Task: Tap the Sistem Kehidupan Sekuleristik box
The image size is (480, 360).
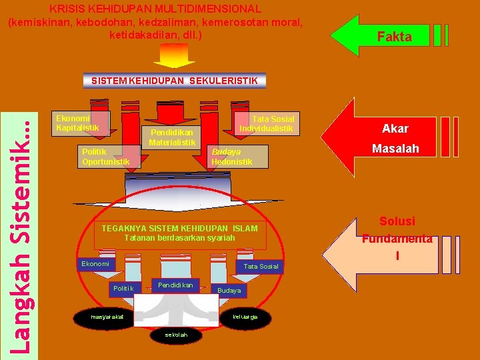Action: coord(175,81)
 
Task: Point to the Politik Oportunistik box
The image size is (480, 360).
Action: coord(105,157)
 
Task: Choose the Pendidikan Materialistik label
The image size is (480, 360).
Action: coord(172,137)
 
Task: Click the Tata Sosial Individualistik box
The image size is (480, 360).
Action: coord(267,123)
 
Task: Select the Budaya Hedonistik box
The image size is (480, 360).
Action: coord(232,157)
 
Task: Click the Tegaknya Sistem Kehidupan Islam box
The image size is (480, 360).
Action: coord(179,233)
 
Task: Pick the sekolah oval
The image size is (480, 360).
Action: coord(176,335)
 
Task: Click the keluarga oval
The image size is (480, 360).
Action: coord(245,316)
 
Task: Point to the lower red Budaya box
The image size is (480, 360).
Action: coord(229,291)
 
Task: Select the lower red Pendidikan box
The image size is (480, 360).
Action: coord(175,285)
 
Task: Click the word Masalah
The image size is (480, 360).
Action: coord(395,149)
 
